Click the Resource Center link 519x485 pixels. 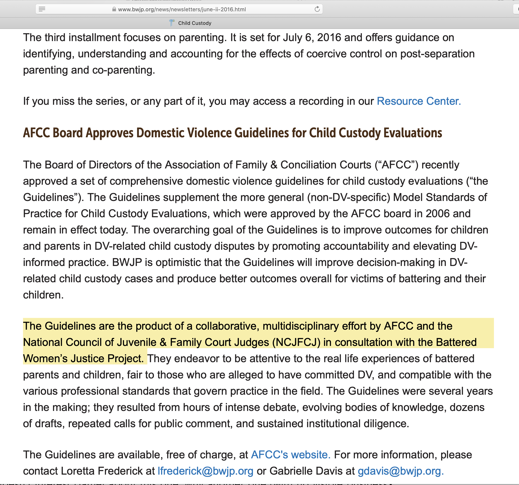coord(419,101)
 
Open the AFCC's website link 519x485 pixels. coord(290,455)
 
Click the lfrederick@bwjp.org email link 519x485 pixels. coord(206,471)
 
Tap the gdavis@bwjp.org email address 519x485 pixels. coord(400,471)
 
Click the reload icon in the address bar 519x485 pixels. coord(317,9)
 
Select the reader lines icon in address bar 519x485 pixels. coord(42,9)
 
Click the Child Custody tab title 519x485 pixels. coord(195,23)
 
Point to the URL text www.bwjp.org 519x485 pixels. coord(182,9)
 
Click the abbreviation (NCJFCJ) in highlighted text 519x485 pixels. coord(296,342)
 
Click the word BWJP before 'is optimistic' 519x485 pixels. coord(127,262)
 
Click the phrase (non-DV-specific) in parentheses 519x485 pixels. coord(348,197)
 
